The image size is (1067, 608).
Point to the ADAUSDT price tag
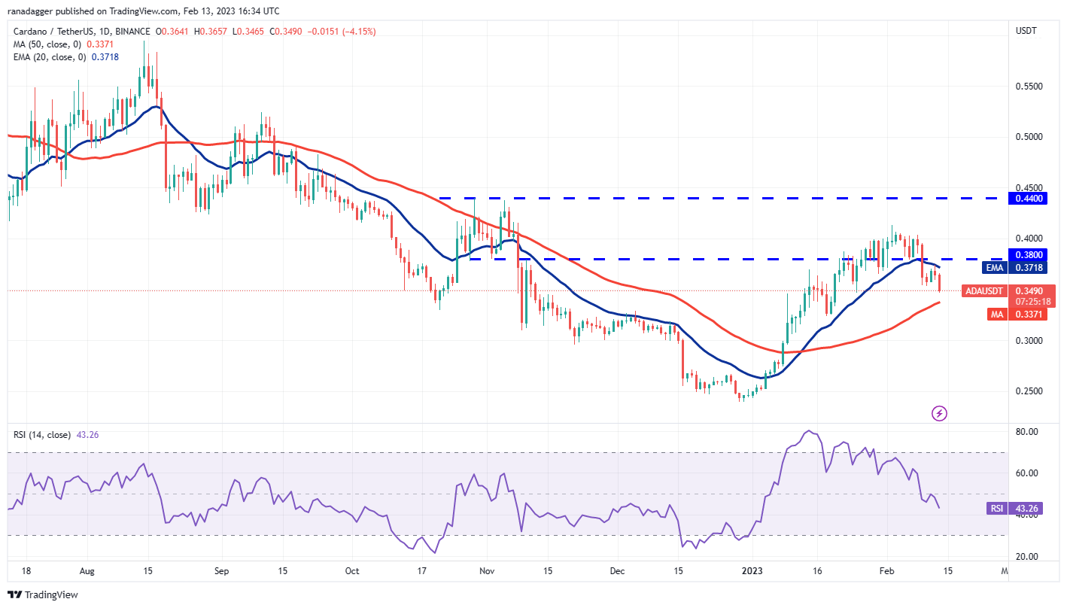coord(984,290)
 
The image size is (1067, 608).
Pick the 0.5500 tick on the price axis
coord(1028,87)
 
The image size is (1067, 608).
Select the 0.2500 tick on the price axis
coord(1028,391)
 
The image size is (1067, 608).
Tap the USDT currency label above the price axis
coord(1026,31)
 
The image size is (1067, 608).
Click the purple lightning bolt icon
coord(939,413)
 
